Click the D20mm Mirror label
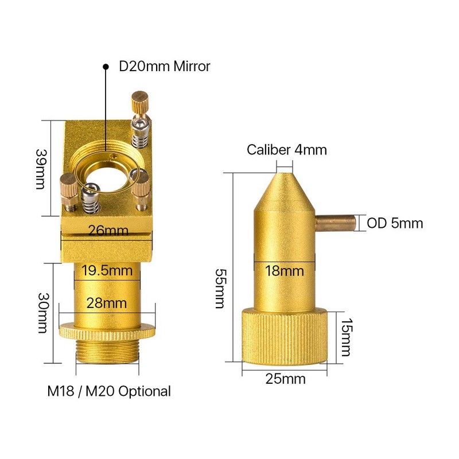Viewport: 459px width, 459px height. pyautogui.click(x=165, y=67)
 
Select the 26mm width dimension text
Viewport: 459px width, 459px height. pyautogui.click(x=108, y=231)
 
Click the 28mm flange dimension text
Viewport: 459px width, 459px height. pyautogui.click(x=107, y=302)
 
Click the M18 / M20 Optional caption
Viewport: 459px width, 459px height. pyautogui.click(x=109, y=391)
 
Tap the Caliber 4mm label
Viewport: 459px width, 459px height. pyautogui.click(x=287, y=150)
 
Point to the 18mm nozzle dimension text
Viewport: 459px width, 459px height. pyautogui.click(x=285, y=271)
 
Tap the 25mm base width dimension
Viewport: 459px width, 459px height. pyautogui.click(x=285, y=379)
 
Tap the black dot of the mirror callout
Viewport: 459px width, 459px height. pyautogui.click(x=106, y=67)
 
